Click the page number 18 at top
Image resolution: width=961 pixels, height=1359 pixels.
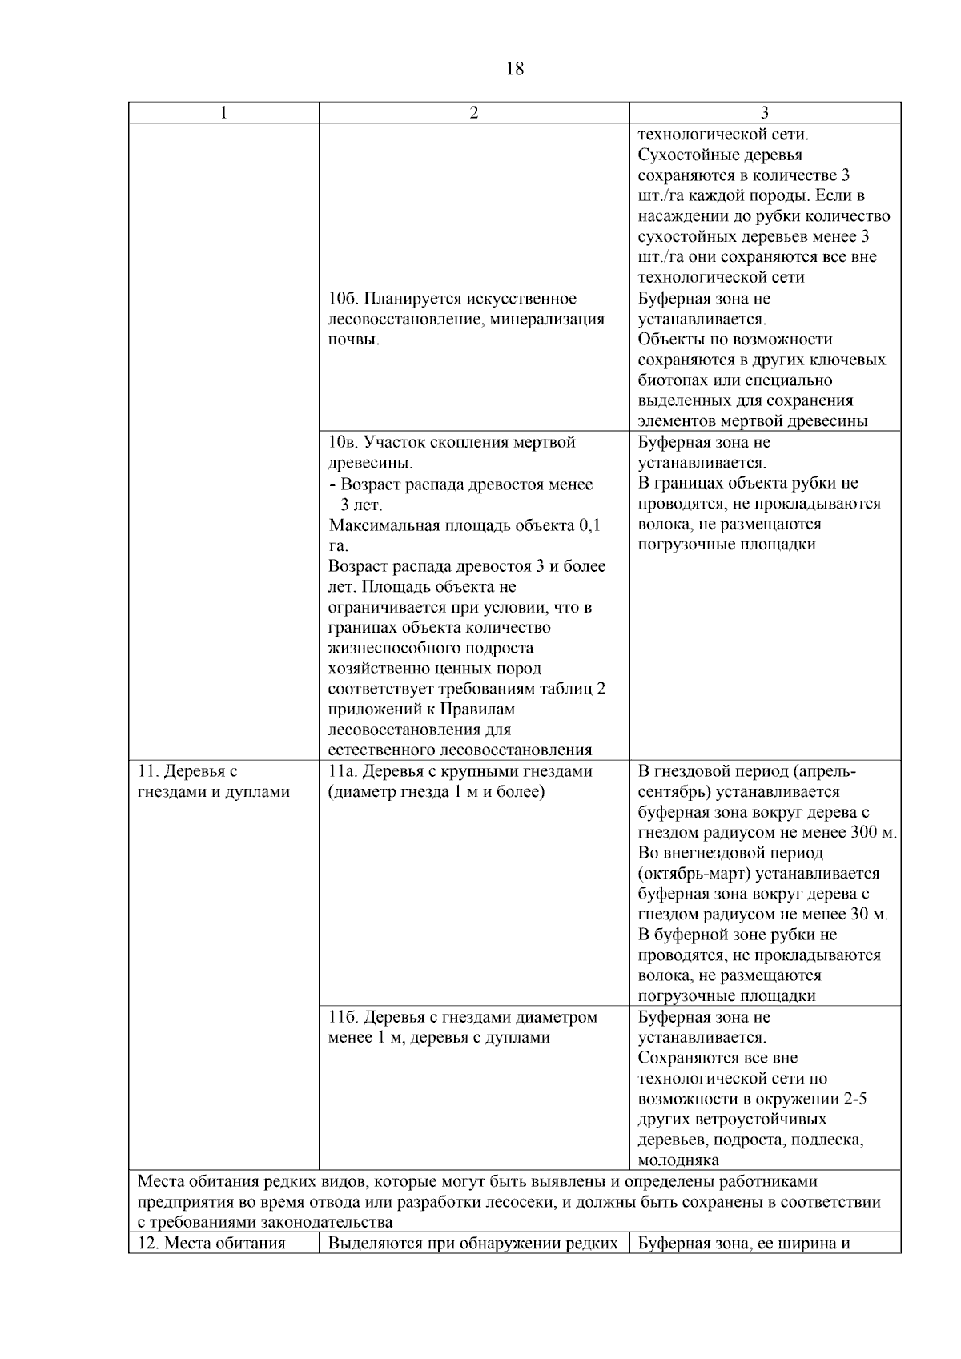click(515, 70)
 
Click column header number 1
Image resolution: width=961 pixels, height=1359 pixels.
click(223, 113)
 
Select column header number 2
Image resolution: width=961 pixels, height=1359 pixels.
click(474, 113)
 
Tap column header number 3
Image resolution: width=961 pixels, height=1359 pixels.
click(765, 113)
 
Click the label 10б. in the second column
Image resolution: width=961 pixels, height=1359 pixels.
click(344, 299)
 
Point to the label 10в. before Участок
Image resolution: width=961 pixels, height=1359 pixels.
click(344, 443)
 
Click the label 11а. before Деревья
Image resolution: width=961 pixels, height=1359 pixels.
click(344, 771)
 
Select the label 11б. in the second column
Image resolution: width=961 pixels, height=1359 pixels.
click(344, 1017)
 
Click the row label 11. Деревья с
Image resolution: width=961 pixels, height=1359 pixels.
click(188, 771)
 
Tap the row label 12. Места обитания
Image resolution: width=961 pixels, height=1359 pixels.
click(212, 1244)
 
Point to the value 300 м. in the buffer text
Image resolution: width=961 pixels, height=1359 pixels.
click(874, 833)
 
